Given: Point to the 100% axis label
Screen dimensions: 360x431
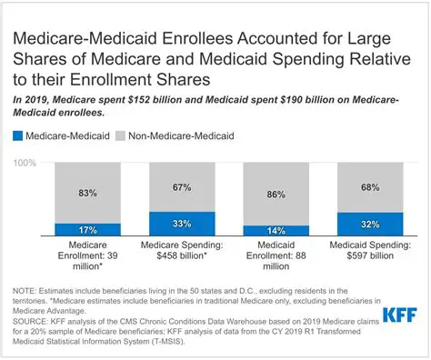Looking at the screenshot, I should (x=25, y=163).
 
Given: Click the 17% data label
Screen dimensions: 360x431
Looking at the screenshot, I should (x=88, y=229).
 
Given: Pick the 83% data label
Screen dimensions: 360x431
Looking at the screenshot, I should (x=88, y=193).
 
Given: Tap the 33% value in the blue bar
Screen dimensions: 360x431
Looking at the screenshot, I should (x=182, y=224).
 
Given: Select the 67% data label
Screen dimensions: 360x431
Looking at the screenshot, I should (x=182, y=187).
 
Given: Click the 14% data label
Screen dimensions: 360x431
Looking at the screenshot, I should (x=276, y=231).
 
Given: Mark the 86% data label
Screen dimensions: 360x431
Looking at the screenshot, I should (x=276, y=194).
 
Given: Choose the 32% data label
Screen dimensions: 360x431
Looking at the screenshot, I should (x=369, y=225).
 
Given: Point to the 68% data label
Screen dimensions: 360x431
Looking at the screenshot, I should (x=369, y=188).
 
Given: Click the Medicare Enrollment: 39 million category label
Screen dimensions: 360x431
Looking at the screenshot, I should (x=88, y=255).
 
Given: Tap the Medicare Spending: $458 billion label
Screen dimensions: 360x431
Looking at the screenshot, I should (x=182, y=250).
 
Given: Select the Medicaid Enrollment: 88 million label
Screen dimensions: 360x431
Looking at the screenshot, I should (x=276, y=255).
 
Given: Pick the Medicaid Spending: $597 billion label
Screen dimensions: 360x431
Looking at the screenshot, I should (x=369, y=250).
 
